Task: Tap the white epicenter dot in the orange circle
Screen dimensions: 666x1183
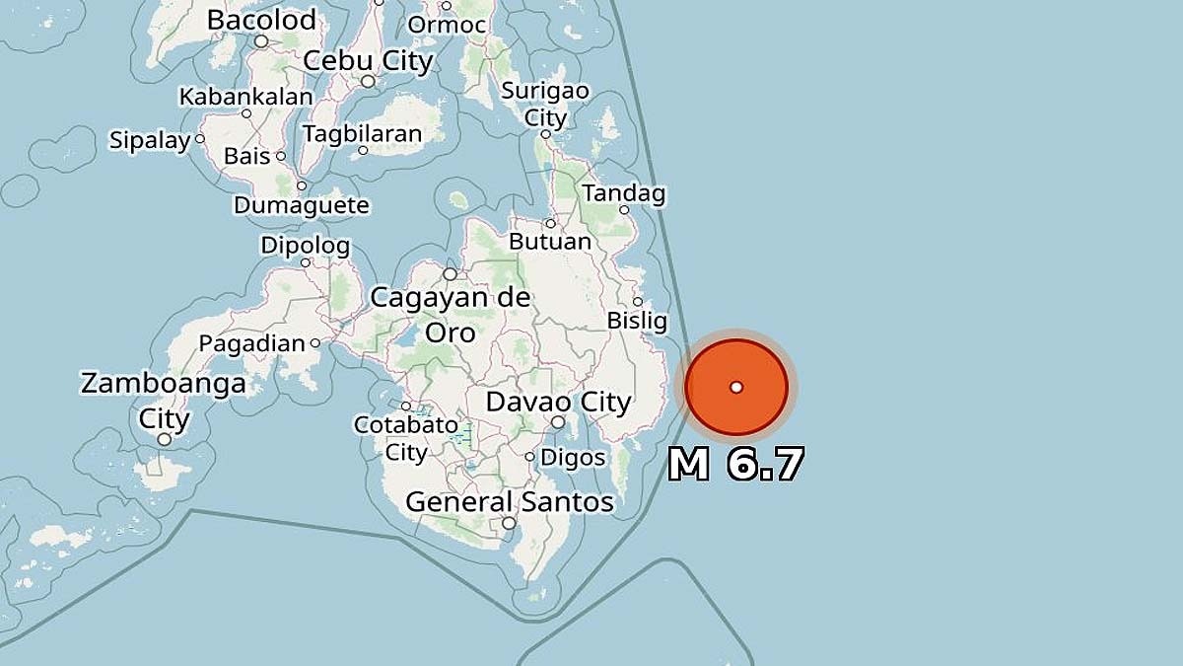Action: point(736,387)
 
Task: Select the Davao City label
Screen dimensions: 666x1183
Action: point(558,403)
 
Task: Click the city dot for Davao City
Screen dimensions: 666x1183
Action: point(558,422)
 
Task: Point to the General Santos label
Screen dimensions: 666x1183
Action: point(510,502)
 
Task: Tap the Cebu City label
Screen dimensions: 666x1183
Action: point(368,61)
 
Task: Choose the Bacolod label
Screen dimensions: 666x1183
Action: point(261,20)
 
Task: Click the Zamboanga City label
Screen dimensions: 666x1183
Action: point(163,400)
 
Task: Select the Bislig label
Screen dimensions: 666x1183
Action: point(637,322)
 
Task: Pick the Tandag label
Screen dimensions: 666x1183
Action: point(623,193)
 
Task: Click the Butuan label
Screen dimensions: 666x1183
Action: point(550,242)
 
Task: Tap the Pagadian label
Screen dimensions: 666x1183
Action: point(252,344)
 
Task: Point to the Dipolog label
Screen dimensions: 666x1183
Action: point(305,245)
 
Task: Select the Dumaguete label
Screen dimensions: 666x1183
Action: point(301,206)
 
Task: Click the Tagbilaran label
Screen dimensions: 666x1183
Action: point(362,133)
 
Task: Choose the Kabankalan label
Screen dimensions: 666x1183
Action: point(245,97)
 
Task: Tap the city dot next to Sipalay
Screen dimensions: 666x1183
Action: point(199,139)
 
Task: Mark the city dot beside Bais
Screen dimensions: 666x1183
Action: point(281,156)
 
